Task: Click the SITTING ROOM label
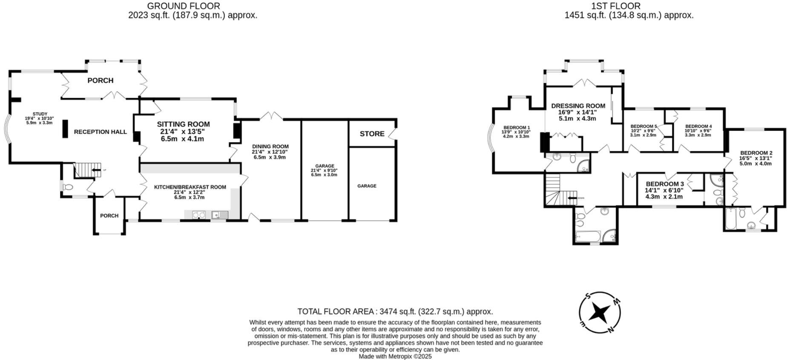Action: click(183, 124)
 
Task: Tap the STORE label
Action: click(372, 134)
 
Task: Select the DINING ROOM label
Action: click(270, 147)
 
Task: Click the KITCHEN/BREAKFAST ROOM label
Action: click(190, 187)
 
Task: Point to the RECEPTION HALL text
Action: click(101, 132)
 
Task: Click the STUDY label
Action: click(39, 114)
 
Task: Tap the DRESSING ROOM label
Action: click(578, 106)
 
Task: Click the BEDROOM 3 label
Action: click(664, 184)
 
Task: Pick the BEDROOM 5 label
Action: click(643, 127)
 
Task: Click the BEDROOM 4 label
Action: click(698, 127)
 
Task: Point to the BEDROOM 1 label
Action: click(516, 127)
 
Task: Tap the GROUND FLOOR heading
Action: click(184, 6)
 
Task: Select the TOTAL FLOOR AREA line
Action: click(395, 311)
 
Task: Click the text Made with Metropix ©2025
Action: click(395, 356)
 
